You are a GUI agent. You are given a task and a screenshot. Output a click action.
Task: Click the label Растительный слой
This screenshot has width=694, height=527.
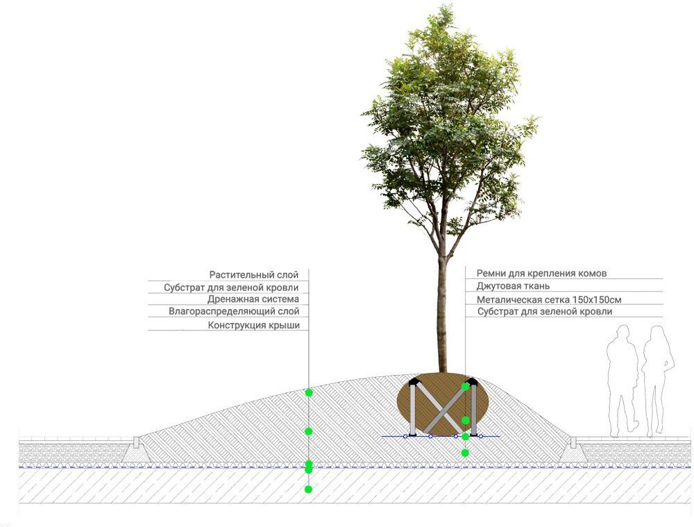(253, 275)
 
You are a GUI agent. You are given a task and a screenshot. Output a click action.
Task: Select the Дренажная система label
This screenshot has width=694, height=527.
(253, 299)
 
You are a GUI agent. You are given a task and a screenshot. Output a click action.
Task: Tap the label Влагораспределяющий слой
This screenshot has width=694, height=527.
(234, 311)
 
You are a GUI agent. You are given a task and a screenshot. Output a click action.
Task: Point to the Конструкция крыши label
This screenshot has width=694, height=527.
(253, 325)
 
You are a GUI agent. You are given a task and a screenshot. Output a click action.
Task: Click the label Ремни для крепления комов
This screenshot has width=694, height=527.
(541, 274)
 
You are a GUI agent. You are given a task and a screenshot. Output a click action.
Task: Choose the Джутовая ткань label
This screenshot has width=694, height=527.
(513, 286)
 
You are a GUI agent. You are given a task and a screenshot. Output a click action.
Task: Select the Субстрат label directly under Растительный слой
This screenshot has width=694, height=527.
(231, 287)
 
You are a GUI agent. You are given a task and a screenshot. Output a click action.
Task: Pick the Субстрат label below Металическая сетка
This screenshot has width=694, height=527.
(544, 312)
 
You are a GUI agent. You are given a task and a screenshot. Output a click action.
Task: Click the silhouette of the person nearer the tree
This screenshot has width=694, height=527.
(623, 381)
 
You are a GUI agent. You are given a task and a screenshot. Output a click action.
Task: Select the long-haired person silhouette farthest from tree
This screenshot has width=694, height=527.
(657, 381)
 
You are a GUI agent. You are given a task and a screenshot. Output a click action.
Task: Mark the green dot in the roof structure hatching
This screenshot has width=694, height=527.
(309, 490)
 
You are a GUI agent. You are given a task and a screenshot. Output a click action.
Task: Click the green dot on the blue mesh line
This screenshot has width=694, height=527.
(465, 437)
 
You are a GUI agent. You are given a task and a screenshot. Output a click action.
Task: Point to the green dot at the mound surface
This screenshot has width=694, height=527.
(309, 393)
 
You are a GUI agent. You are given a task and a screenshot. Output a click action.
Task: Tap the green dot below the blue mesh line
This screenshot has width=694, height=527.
(465, 453)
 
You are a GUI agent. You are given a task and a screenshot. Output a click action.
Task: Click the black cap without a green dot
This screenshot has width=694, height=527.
(414, 382)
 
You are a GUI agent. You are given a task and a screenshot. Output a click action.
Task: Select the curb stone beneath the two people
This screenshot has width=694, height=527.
(573, 442)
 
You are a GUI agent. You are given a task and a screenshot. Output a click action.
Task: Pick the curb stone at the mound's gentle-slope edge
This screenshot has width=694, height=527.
(137, 442)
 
